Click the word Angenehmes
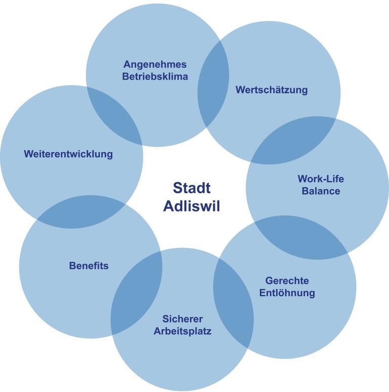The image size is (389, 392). point(155,64)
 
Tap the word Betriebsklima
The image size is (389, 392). point(155,77)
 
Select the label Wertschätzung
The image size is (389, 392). point(271,90)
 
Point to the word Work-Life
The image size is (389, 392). point(321,179)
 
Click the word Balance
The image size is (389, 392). point(321,191)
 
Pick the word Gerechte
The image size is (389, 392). point(287,280)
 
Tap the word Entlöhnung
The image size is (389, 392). point(287,293)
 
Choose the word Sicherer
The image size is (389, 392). point(182,319)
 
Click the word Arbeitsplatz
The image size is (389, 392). point(182,331)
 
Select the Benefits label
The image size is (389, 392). point(89,266)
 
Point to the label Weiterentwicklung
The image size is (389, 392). point(68,154)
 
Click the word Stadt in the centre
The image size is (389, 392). point(191,188)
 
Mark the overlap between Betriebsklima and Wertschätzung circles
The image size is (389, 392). point(213,84)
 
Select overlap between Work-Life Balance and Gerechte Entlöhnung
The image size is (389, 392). point(301,237)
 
